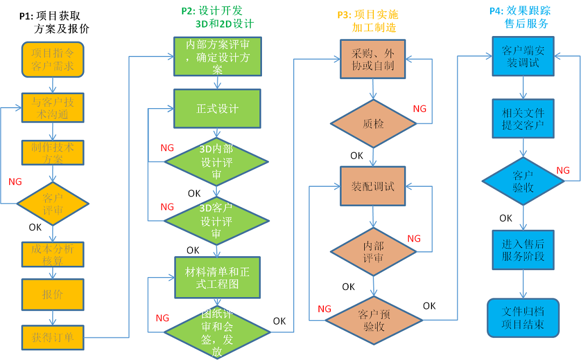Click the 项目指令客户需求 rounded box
pyautogui.click(x=53, y=59)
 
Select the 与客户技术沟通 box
pyautogui.click(x=53, y=108)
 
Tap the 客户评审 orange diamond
pyautogui.click(x=53, y=203)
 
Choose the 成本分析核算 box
pyautogui.click(x=53, y=255)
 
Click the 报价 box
pyautogui.click(x=53, y=294)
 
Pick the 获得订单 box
pyautogui.click(x=53, y=337)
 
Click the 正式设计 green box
pyautogui.click(x=217, y=109)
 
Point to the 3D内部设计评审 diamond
pyautogui.click(x=216, y=162)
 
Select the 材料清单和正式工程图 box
pyautogui.click(x=217, y=278)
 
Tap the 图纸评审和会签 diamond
pyautogui.click(x=216, y=333)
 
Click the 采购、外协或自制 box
pyautogui.click(x=373, y=59)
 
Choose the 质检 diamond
pyautogui.click(x=373, y=124)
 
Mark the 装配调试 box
pyautogui.click(x=373, y=186)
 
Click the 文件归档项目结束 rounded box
pyautogui.click(x=523, y=318)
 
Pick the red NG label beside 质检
pyautogui.click(x=420, y=109)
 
